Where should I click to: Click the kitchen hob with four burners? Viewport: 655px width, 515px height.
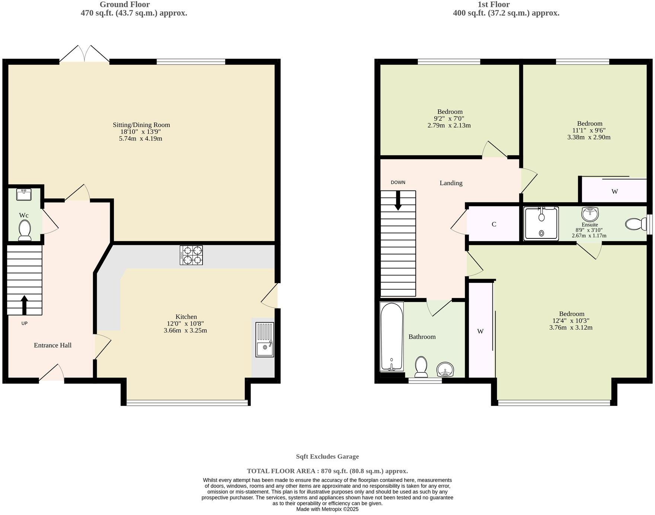191,255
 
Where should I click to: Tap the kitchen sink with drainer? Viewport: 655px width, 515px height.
265,339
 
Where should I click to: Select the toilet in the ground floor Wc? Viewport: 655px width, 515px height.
25,229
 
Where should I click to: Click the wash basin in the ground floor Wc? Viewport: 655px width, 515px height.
24,194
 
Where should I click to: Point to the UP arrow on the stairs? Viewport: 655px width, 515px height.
25,305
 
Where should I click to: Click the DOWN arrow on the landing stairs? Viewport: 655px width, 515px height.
398,201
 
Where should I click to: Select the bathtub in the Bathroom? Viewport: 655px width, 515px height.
392,337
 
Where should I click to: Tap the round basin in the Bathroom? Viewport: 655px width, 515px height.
445,370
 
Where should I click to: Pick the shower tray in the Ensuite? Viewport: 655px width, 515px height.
541,224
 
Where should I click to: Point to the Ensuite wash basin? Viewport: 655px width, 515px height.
590,214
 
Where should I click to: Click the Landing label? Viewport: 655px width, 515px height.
451,183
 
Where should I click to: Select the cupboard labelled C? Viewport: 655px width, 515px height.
493,224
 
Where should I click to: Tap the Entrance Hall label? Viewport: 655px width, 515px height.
52,345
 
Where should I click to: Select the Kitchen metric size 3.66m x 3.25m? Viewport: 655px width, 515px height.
185,330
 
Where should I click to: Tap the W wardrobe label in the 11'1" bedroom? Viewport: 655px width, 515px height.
614,192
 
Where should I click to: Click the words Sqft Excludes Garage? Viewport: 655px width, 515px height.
327,457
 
